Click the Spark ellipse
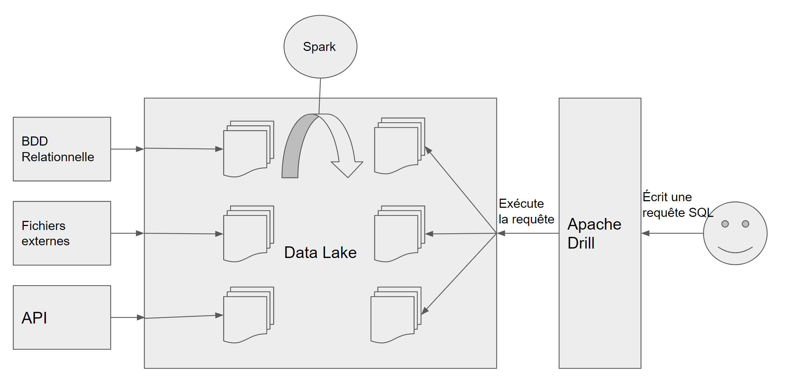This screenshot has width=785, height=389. [x=320, y=47]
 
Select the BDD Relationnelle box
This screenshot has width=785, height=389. [x=62, y=149]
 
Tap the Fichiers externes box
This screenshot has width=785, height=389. [x=62, y=233]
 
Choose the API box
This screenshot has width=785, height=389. [x=62, y=317]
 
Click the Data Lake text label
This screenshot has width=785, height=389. [x=320, y=253]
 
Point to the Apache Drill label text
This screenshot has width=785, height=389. [x=594, y=233]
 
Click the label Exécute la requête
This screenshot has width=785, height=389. [x=526, y=211]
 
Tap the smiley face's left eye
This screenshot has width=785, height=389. [x=725, y=224]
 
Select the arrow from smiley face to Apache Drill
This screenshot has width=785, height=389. [x=672, y=233]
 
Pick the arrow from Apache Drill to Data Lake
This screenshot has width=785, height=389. [x=528, y=233]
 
